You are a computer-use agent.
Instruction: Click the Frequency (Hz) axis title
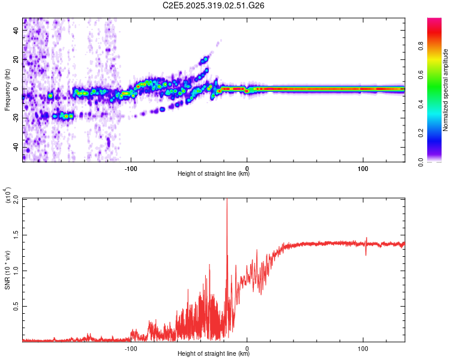[x=7, y=90]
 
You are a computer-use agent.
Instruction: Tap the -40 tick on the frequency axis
[x=16, y=147]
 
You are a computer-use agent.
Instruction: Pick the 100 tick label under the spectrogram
[x=363, y=168]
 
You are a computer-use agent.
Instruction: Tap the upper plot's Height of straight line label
[x=214, y=174]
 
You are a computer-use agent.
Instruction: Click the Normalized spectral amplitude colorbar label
[x=446, y=90]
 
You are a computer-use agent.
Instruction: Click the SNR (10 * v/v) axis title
[x=7, y=269]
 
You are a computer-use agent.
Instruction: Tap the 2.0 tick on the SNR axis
[x=16, y=199]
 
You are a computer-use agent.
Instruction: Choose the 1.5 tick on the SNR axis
[x=16, y=235]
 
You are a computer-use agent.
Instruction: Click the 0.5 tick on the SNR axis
[x=16, y=306]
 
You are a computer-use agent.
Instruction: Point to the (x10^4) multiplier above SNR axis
[x=7, y=195]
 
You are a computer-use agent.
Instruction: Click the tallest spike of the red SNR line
[x=227, y=200]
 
